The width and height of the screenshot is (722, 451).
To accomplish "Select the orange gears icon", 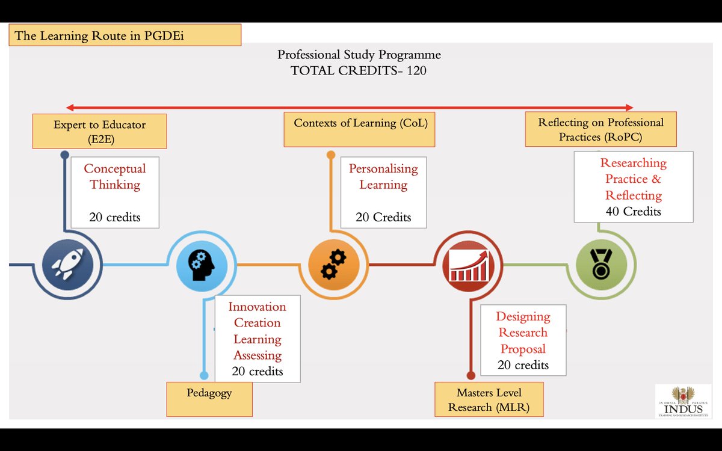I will [333, 265].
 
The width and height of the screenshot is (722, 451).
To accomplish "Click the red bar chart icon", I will [468, 265].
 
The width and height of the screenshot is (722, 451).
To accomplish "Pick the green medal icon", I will [600, 265].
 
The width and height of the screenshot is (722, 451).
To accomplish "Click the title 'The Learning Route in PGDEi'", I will [125, 35].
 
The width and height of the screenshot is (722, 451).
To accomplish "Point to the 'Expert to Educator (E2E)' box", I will [99, 132].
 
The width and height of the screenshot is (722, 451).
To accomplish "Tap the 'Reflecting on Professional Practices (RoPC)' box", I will [600, 129].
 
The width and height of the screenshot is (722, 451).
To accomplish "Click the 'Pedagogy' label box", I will [209, 399].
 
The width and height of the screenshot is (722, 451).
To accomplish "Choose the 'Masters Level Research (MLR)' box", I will [489, 399].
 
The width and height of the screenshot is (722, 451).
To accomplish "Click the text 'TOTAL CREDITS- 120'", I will [359, 70].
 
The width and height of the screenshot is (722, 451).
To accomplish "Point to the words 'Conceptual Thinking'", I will [114, 176].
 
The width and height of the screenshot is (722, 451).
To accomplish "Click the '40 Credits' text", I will [634, 212].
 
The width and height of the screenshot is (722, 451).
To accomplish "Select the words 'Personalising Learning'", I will [383, 176].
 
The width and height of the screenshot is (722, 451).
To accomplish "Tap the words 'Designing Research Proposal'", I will [523, 333].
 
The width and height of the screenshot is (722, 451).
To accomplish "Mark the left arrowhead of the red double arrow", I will [70, 108].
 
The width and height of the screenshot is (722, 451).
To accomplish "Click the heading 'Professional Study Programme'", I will [359, 55].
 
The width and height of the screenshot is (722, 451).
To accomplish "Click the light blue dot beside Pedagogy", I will [204, 376].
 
